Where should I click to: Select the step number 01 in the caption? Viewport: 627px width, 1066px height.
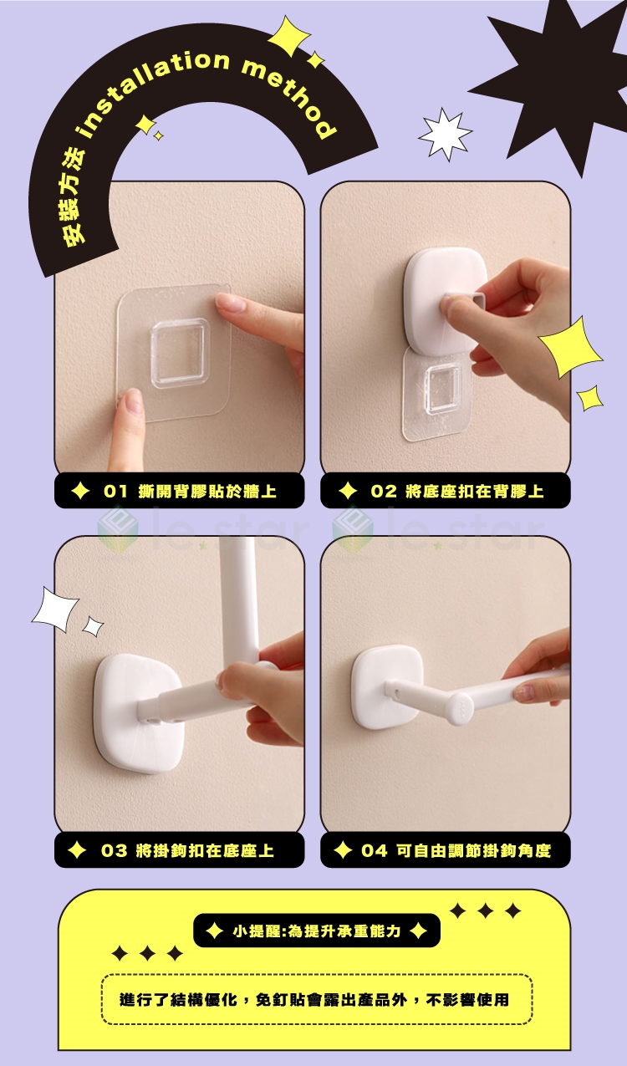click(115, 491)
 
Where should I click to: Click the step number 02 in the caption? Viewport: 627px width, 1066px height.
click(384, 491)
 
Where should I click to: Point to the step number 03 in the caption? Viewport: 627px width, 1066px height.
click(115, 850)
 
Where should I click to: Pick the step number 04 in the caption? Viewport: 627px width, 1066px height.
click(375, 850)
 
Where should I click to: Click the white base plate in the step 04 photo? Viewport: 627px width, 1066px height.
click(387, 686)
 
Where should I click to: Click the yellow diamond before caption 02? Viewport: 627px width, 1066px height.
click(348, 491)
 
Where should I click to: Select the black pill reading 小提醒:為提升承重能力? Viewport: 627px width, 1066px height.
click(316, 931)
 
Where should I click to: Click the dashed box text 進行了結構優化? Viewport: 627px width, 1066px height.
click(178, 999)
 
